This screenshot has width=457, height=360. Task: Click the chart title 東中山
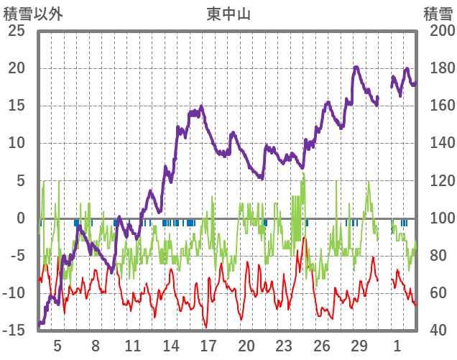228,13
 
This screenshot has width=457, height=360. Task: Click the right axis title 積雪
438,13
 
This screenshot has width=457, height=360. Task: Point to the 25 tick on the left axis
16,31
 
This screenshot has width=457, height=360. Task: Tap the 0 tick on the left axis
20,218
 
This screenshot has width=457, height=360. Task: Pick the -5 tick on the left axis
17,256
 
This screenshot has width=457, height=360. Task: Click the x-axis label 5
57,345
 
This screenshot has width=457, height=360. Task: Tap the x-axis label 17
208,345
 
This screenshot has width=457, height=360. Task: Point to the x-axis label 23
284,345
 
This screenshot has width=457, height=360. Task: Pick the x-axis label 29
359,345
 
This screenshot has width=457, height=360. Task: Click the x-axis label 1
397,345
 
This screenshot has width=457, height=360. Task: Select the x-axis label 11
133,345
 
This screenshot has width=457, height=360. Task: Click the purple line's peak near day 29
356,68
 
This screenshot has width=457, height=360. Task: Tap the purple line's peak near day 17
201,107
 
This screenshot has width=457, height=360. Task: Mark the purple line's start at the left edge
40,325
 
